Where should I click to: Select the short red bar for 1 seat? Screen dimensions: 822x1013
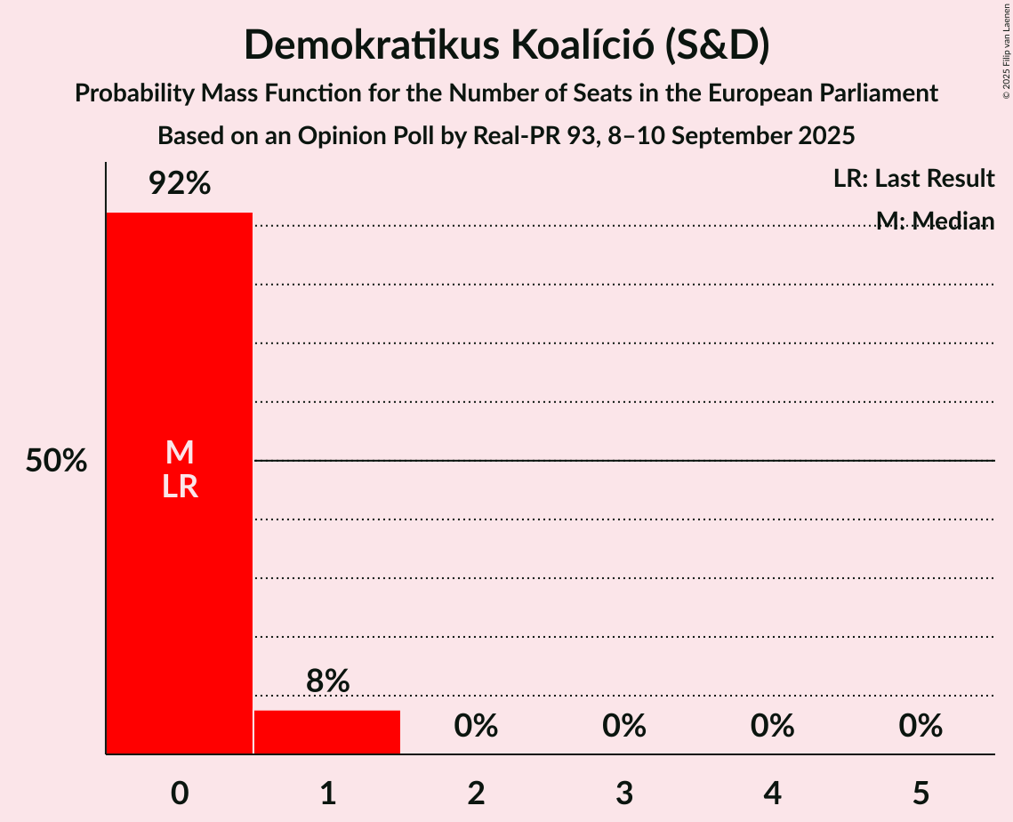327,732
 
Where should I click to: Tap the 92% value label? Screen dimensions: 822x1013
180,184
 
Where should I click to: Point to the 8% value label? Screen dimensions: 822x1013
327,681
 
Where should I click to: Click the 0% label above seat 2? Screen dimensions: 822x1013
476,726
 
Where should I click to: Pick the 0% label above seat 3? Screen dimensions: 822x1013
624,726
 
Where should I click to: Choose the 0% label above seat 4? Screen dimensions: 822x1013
772,726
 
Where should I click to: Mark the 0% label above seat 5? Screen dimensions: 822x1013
921,726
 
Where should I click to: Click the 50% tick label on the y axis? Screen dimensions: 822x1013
56,462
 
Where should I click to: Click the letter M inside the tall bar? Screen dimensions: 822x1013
180,453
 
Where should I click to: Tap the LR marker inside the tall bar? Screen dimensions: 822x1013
180,488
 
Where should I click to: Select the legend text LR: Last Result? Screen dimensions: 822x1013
913,179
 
